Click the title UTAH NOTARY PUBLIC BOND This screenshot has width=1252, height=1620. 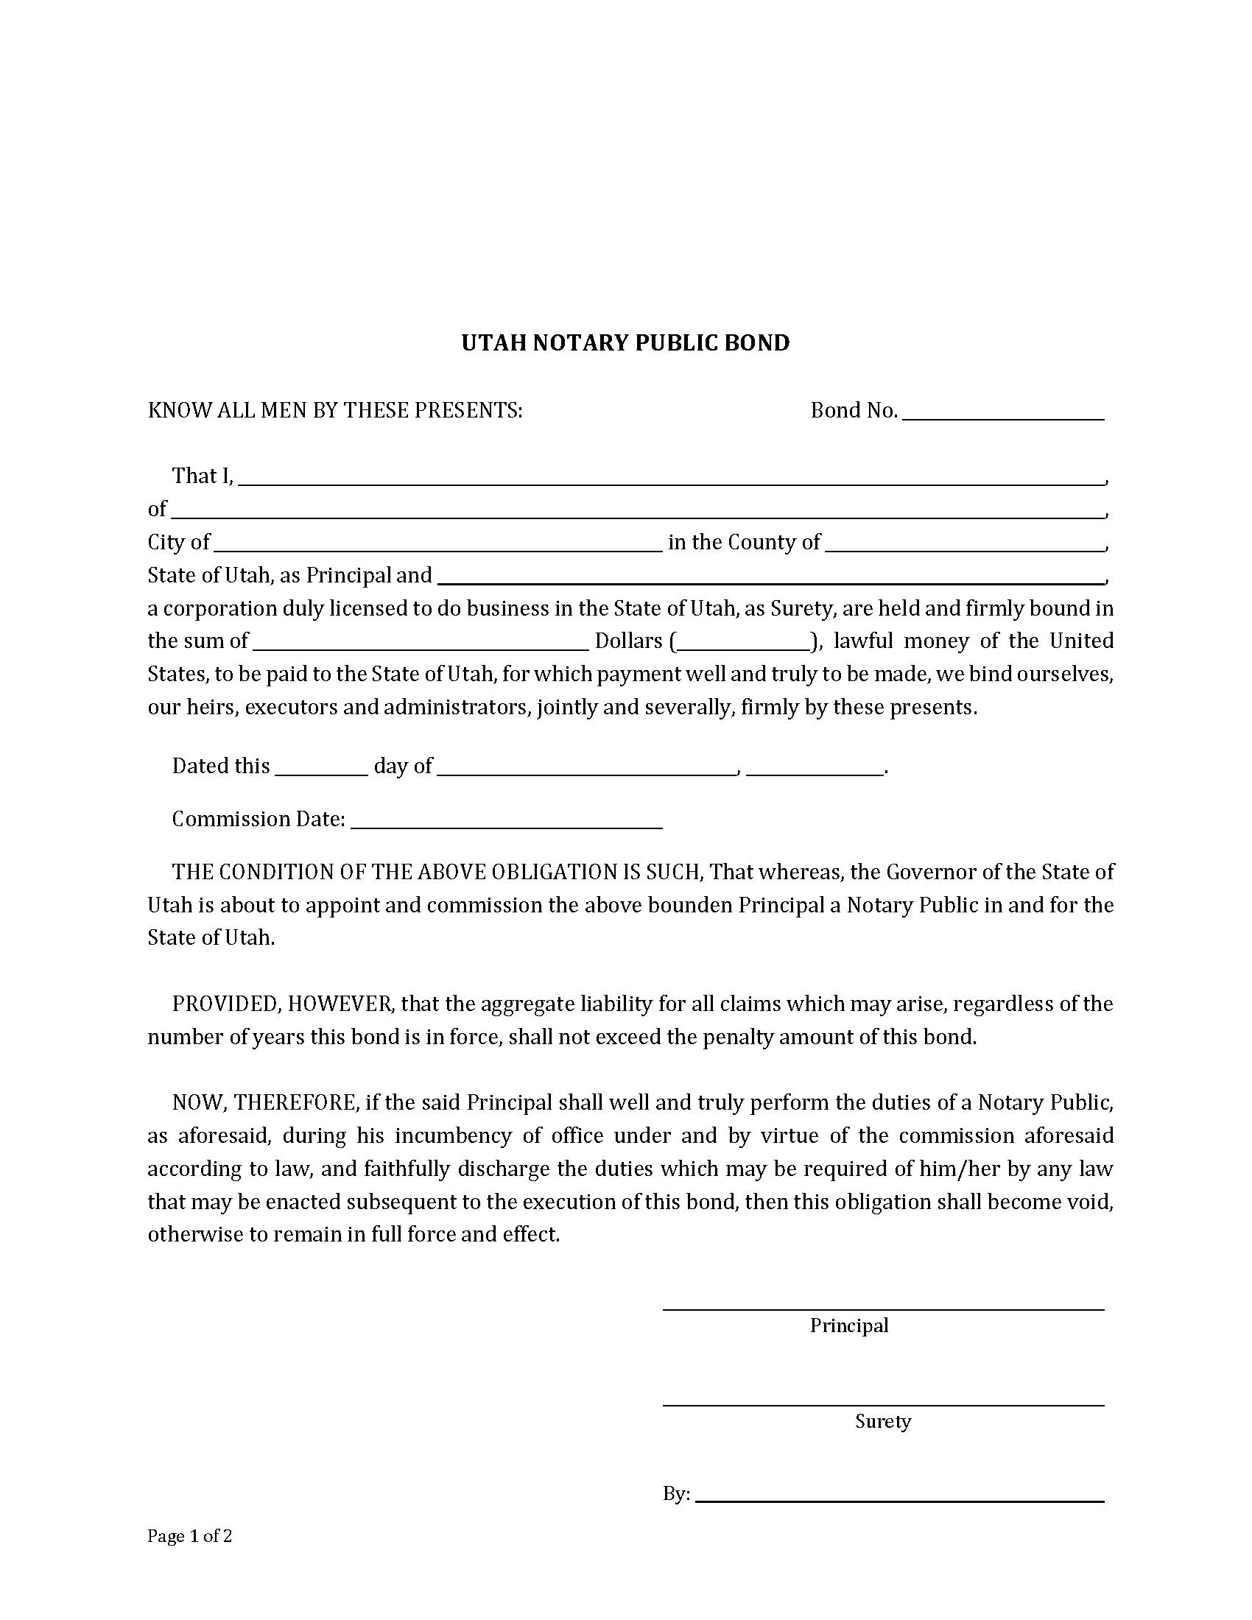(625, 342)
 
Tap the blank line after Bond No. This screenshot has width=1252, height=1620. (1004, 413)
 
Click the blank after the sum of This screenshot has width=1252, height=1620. (421, 643)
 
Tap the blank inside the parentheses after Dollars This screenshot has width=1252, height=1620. (743, 643)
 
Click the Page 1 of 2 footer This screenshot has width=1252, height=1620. (190, 1536)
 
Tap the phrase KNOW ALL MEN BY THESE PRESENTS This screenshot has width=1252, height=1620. (334, 410)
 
